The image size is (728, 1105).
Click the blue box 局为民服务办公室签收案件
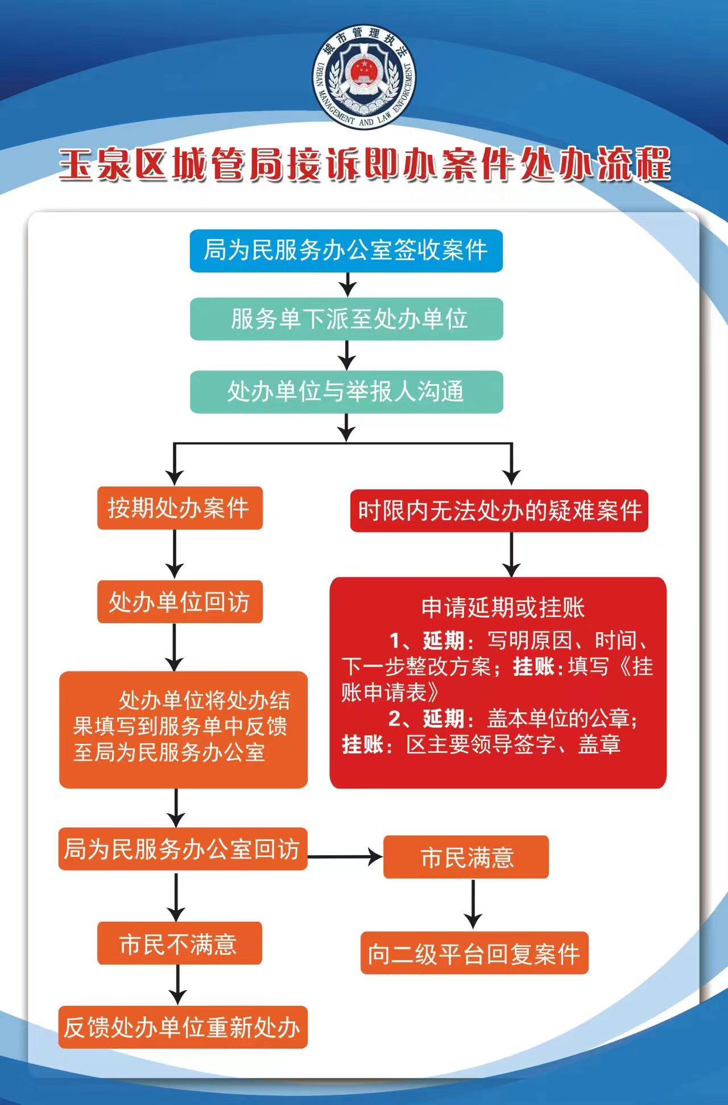[x=346, y=250]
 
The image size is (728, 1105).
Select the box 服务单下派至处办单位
[x=346, y=319]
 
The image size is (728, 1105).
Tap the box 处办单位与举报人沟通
[x=346, y=392]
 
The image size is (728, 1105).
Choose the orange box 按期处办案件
[x=180, y=508]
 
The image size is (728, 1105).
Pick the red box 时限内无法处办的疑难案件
[x=499, y=511]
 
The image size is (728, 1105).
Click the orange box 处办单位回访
[x=180, y=602]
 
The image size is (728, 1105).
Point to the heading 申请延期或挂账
[x=503, y=608]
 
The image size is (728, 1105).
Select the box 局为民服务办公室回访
[x=183, y=849]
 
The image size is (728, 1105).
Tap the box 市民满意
[x=466, y=857]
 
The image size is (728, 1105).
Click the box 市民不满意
[x=179, y=943]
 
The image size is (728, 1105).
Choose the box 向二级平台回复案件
[x=474, y=954]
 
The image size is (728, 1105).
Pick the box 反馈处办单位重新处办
[x=183, y=1028]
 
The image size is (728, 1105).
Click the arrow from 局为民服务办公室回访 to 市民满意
[x=345, y=856]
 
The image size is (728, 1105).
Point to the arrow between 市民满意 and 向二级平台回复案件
[x=473, y=904]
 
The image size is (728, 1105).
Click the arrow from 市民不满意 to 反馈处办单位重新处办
[x=178, y=984]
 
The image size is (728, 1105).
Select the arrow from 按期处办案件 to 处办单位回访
[x=175, y=554]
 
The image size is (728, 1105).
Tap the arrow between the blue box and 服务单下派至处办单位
[x=348, y=285]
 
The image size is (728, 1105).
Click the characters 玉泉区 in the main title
[x=114, y=165]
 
